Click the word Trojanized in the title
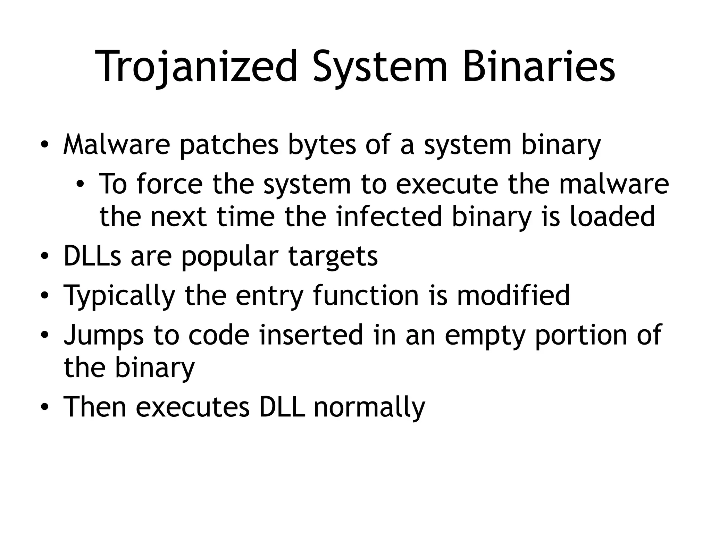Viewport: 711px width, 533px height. [x=196, y=67]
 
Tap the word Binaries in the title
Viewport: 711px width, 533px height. [x=539, y=67]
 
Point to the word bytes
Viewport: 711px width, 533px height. [x=322, y=146]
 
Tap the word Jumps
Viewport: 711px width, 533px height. [x=103, y=335]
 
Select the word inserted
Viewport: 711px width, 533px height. [x=311, y=335]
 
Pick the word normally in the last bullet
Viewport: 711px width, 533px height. [x=369, y=407]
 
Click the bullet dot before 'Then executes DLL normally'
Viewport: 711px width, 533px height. [x=44, y=407]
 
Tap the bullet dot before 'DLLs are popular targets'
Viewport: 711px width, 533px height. [x=44, y=257]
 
